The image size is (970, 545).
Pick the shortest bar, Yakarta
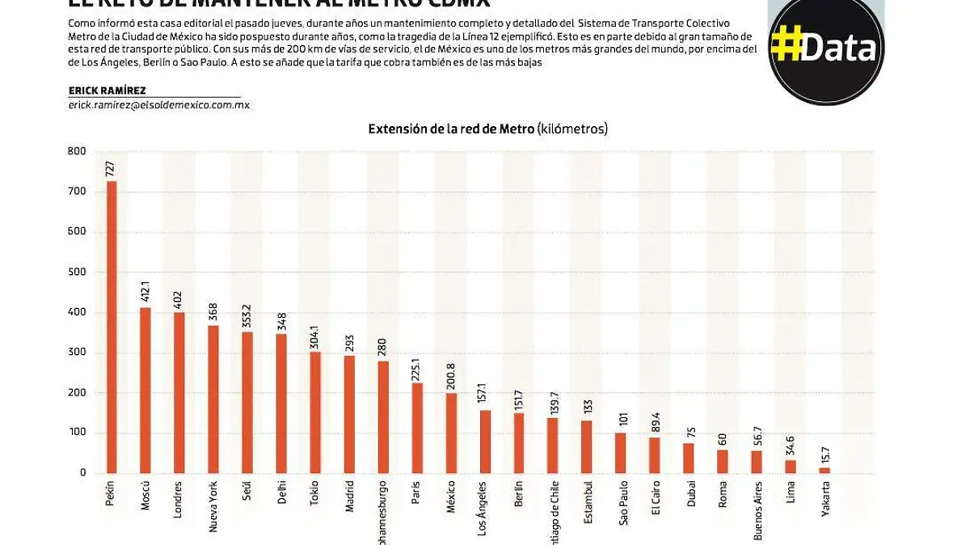click(824, 470)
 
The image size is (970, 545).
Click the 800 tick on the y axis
click(77, 151)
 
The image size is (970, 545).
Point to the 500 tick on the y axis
click(77, 272)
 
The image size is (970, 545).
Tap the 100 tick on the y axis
click(77, 433)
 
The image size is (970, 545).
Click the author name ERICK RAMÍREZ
click(108, 91)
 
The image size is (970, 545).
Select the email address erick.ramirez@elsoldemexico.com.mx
click(159, 105)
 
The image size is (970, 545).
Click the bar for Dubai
click(689, 458)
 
